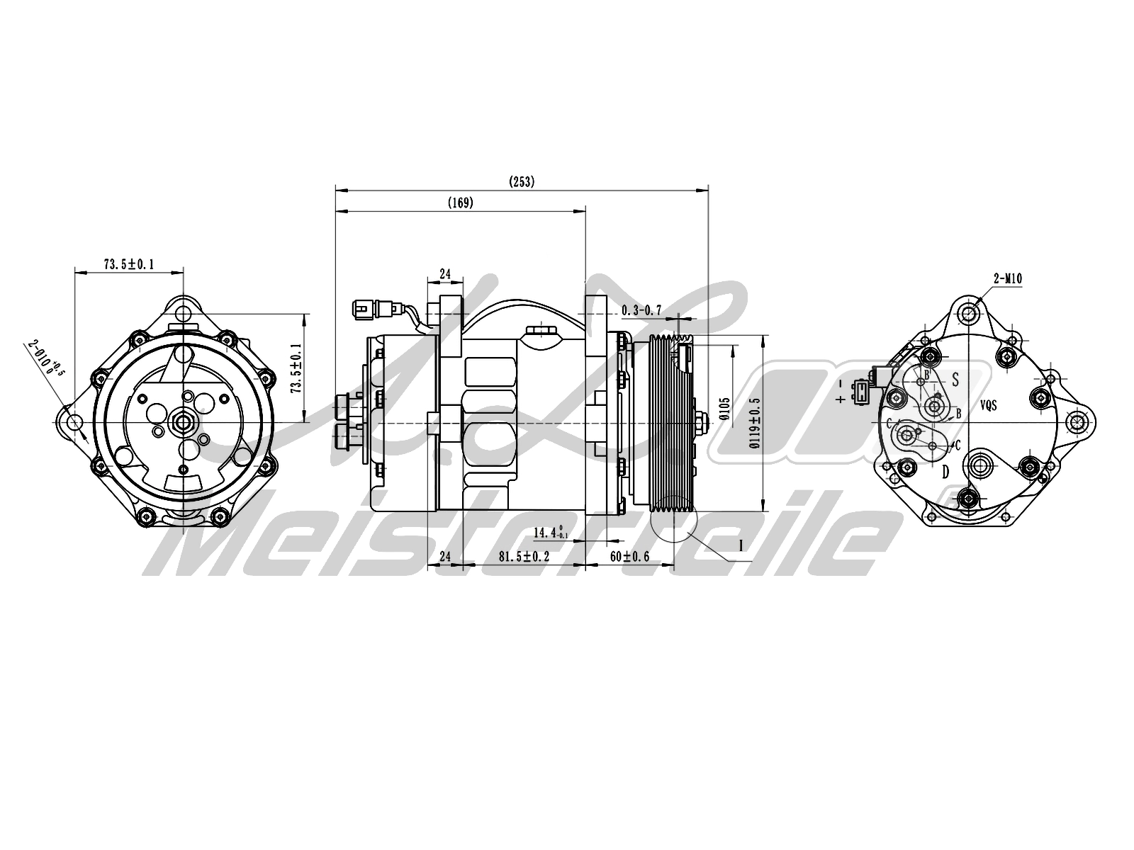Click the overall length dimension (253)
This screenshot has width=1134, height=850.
pyautogui.click(x=522, y=182)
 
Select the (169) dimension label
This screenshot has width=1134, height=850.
pyautogui.click(x=461, y=203)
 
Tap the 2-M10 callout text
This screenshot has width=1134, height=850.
pyautogui.click(x=1007, y=279)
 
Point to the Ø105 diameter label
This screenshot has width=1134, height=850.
pyautogui.click(x=724, y=409)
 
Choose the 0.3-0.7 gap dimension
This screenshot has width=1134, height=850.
pyautogui.click(x=641, y=310)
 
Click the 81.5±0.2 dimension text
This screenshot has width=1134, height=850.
pyautogui.click(x=524, y=557)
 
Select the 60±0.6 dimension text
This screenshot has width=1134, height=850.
pyautogui.click(x=629, y=557)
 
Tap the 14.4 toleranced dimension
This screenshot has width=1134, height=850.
pyautogui.click(x=550, y=532)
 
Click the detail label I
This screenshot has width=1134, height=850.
pyautogui.click(x=741, y=545)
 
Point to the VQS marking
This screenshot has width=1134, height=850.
pyautogui.click(x=989, y=406)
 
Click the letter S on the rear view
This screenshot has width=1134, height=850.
pyautogui.click(x=955, y=380)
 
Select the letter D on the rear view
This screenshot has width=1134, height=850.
pyautogui.click(x=945, y=472)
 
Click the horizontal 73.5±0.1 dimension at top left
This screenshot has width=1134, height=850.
pyautogui.click(x=129, y=265)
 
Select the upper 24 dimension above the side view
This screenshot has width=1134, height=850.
pyautogui.click(x=445, y=273)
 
